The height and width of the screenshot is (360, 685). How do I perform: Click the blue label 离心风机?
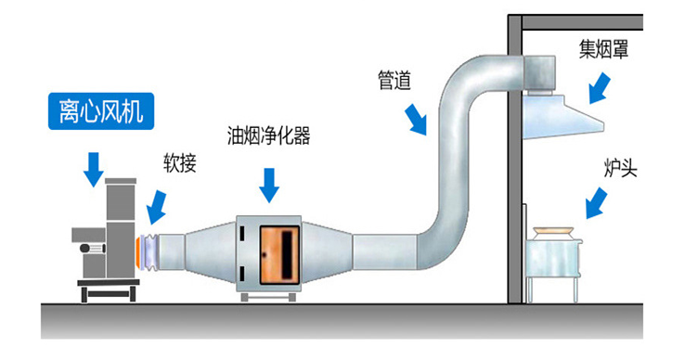(102, 112)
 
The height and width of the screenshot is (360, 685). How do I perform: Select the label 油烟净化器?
(268, 136)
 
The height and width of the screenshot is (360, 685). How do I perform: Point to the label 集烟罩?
(604, 49)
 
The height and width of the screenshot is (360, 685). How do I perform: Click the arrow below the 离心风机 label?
(94, 168)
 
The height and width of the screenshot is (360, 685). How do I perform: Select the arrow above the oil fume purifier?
(269, 183)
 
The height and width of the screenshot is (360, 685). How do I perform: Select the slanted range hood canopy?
(557, 117)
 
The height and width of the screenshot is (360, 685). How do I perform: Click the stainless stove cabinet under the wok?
(552, 267)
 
